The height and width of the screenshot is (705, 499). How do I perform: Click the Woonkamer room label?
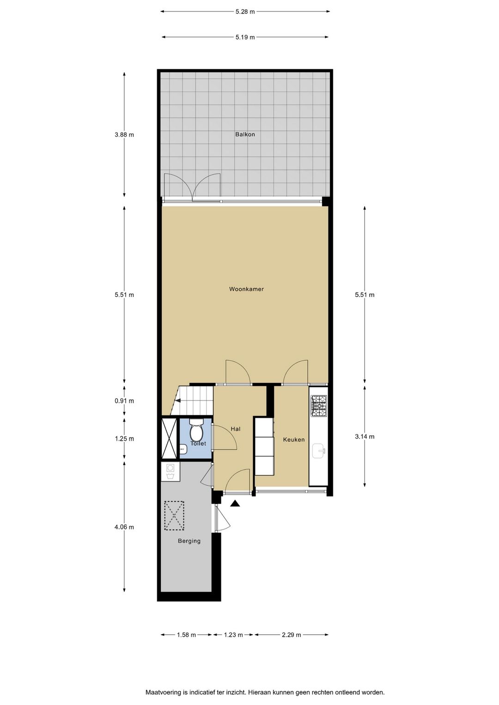click(246, 289)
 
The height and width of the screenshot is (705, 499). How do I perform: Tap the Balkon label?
click(245, 134)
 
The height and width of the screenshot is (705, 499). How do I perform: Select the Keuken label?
click(294, 439)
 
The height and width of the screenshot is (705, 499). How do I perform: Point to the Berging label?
click(189, 541)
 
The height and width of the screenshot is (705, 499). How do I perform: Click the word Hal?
click(236, 429)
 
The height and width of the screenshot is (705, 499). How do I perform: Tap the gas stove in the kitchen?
click(318, 406)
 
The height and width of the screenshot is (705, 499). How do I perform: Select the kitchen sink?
click(318, 450)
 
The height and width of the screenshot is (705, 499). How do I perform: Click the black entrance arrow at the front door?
click(235, 504)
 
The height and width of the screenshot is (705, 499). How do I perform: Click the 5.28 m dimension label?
click(245, 12)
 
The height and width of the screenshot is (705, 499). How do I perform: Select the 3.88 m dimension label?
click(124, 135)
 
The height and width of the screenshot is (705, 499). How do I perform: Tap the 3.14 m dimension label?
click(365, 436)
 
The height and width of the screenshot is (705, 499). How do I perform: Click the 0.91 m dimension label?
click(124, 401)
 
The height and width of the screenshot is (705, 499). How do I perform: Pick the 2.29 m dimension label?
click(291, 635)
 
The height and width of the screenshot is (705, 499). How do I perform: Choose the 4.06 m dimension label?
click(124, 527)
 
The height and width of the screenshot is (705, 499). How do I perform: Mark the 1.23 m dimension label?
click(233, 635)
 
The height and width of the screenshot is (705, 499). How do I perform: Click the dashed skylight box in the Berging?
click(174, 516)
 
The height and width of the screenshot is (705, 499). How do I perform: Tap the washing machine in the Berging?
click(170, 472)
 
